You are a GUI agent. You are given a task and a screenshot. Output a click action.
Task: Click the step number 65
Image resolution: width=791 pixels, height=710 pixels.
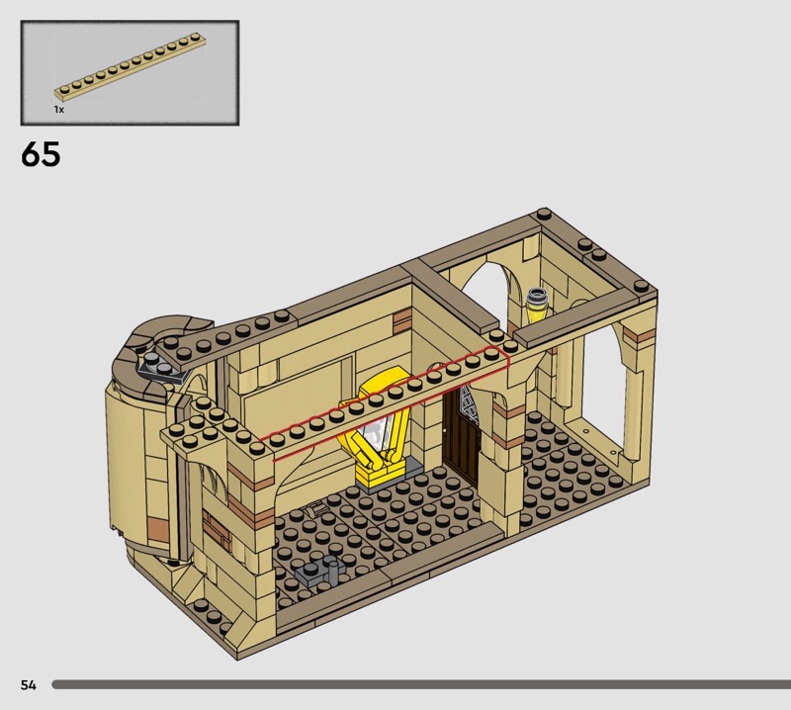click(x=41, y=154)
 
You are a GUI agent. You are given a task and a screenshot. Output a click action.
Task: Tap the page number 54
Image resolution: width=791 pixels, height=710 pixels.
click(x=29, y=684)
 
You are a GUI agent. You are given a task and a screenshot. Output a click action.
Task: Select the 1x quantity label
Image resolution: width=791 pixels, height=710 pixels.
click(x=59, y=110)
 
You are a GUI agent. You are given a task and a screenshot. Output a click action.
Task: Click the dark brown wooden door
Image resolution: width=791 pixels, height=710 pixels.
click(x=459, y=434)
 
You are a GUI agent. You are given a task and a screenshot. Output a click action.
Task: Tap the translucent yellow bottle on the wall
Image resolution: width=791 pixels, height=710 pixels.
click(x=537, y=305)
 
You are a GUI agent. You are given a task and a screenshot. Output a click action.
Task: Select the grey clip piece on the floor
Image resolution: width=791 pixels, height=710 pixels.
click(x=319, y=571)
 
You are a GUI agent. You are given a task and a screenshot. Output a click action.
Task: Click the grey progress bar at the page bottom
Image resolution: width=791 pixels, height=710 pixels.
click(x=421, y=684)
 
